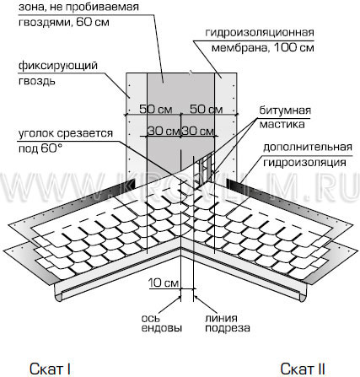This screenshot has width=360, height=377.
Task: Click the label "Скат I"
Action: [x=50, y=369]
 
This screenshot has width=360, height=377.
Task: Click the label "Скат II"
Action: [x=303, y=369]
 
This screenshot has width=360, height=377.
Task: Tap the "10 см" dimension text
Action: [x=164, y=283]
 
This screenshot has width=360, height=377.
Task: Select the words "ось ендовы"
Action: [x=162, y=323]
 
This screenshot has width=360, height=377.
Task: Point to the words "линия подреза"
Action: [x=228, y=323]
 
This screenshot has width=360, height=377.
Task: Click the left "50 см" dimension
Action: [x=156, y=109]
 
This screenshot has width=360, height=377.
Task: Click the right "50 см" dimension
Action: [x=207, y=109]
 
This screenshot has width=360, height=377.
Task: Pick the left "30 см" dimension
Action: [x=164, y=131]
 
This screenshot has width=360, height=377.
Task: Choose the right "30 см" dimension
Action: [x=198, y=131]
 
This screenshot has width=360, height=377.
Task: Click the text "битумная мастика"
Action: [x=285, y=117]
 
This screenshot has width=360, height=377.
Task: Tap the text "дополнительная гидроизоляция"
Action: [x=308, y=154]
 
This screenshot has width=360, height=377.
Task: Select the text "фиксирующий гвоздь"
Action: [x=58, y=73]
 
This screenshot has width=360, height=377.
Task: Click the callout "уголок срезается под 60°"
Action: [x=66, y=141]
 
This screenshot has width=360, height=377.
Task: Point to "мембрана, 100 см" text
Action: [x=262, y=47]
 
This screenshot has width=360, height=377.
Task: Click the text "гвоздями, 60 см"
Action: [x=64, y=22]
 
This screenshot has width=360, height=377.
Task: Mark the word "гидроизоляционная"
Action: [x=260, y=33]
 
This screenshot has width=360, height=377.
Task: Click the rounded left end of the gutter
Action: [x=58, y=295]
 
